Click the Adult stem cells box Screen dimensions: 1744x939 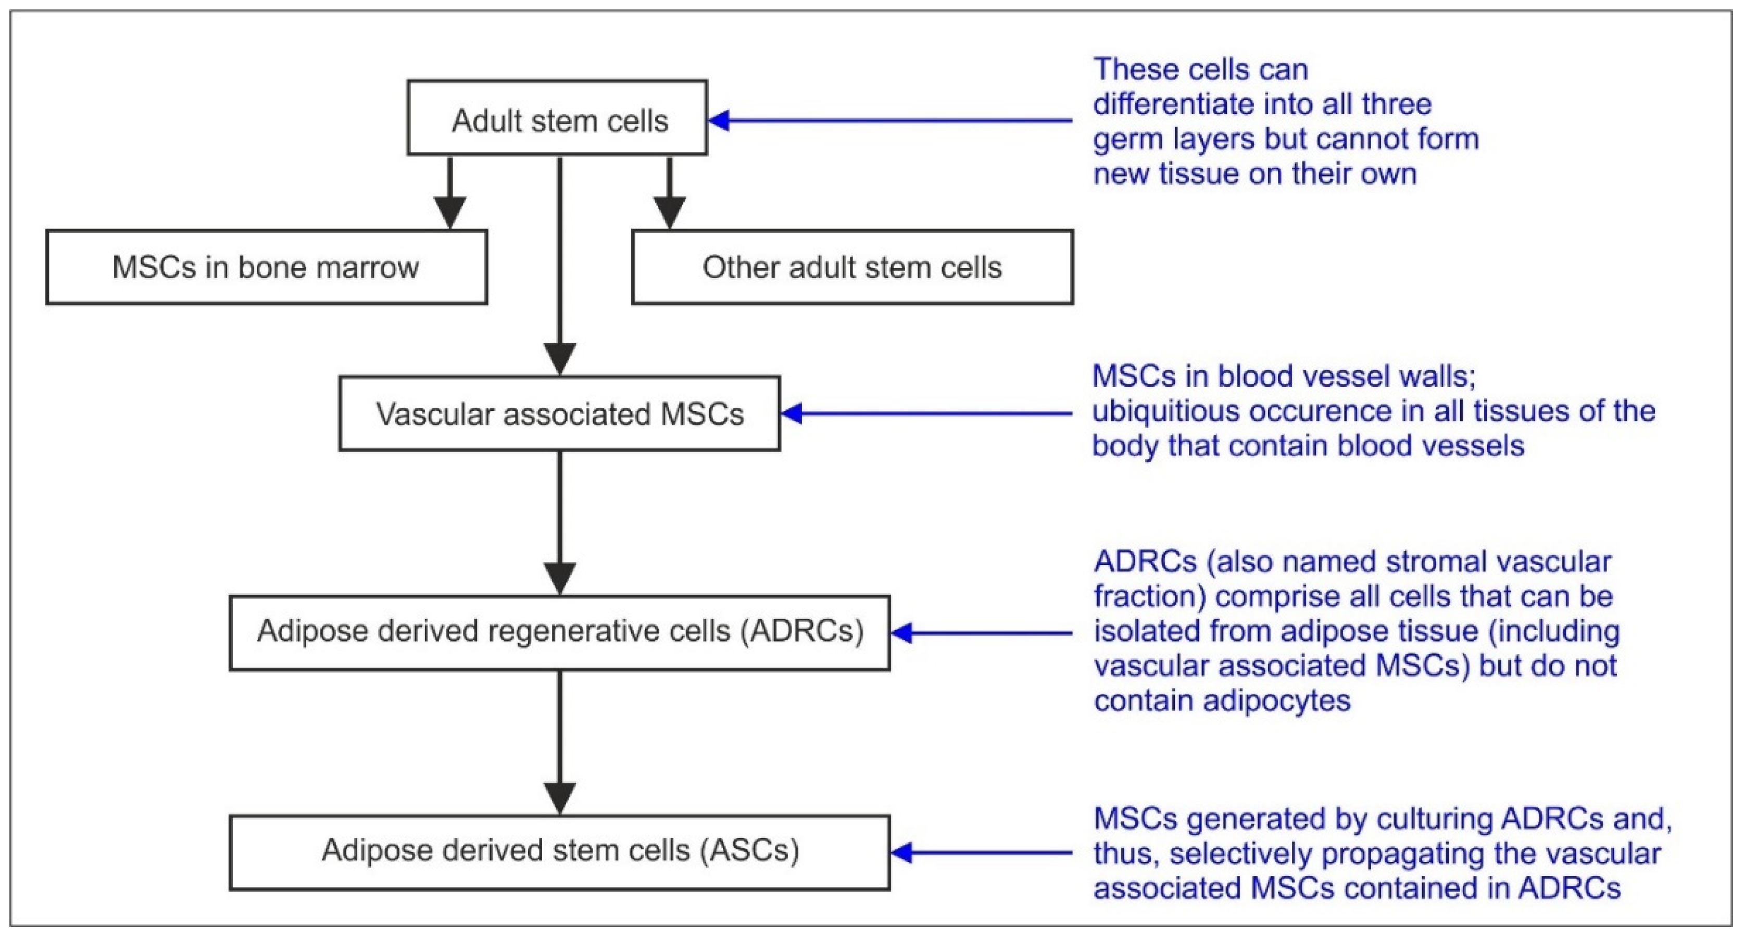[557, 118]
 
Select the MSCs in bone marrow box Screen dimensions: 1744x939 [266, 267]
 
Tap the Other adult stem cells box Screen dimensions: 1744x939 [852, 267]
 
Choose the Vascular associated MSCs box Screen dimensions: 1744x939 [560, 414]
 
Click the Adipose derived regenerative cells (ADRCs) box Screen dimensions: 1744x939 [560, 633]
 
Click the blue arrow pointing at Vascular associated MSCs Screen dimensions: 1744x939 [927, 413]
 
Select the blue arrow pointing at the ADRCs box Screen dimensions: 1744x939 [982, 633]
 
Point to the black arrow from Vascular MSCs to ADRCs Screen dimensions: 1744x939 [560, 523]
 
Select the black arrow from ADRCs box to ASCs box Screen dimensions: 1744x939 [560, 743]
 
